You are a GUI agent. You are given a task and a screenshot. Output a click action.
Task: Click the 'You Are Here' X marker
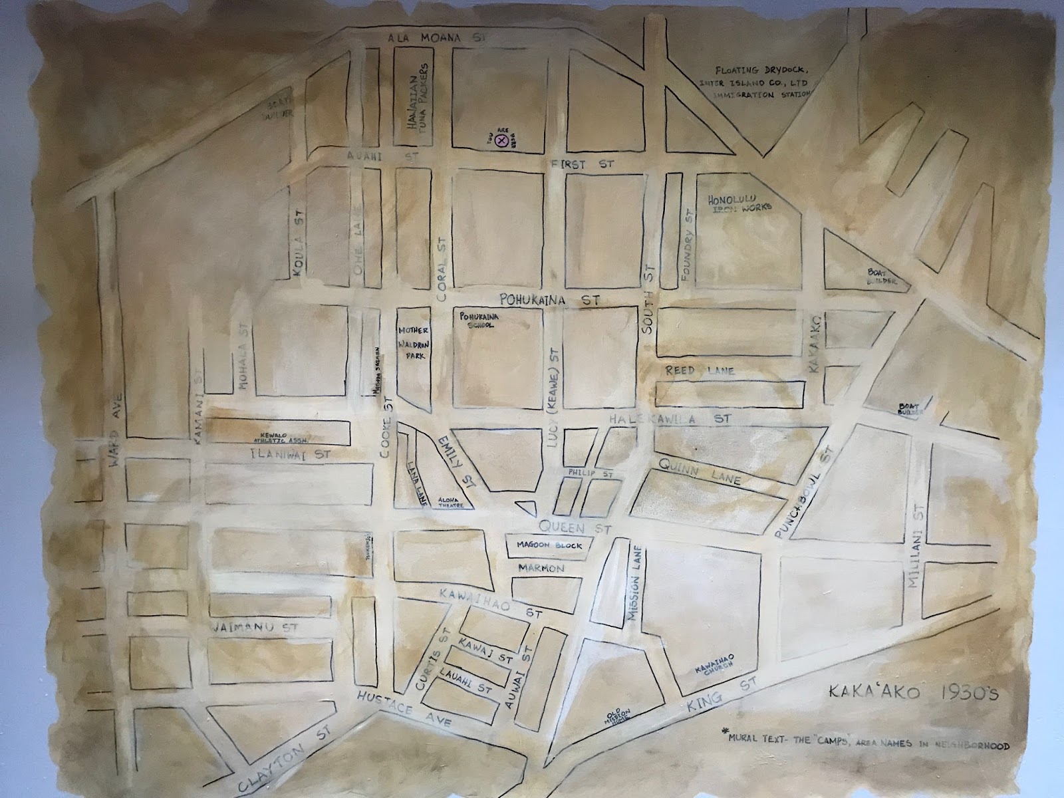point(503,140)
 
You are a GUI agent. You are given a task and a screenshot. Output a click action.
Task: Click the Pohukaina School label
point(475,321)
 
